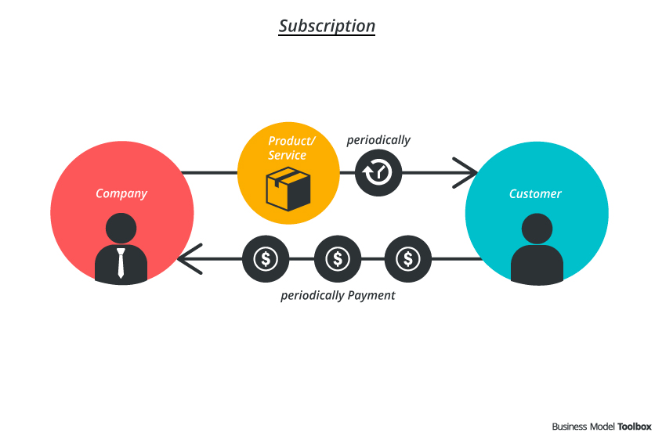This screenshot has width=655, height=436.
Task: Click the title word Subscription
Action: coord(327,26)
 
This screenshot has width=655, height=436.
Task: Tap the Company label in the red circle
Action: coord(121,193)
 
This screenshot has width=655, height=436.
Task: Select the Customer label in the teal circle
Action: coord(535,193)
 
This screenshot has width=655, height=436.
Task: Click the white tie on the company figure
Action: coord(121,263)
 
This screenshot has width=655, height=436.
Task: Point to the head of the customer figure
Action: coord(537,229)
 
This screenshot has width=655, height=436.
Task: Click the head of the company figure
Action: coord(121,229)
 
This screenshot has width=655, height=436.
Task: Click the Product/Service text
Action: coord(288,148)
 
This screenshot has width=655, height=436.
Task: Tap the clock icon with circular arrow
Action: coord(378,172)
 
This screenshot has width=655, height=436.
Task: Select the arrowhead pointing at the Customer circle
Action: coord(469,172)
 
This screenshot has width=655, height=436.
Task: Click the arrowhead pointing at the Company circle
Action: coord(188,258)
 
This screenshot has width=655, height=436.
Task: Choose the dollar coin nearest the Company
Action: coord(265,258)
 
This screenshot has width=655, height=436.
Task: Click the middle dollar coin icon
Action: coord(337,258)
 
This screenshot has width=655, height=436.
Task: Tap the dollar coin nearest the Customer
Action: coord(407,258)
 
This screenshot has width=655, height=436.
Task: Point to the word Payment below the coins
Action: coord(371,296)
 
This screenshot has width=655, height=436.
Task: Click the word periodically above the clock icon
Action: coord(378,140)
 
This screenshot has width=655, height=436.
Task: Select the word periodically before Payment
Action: coord(312,296)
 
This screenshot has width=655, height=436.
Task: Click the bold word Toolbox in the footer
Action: coord(634,427)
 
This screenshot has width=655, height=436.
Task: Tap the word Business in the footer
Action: coord(570,427)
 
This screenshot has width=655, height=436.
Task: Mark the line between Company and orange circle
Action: coord(209,172)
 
